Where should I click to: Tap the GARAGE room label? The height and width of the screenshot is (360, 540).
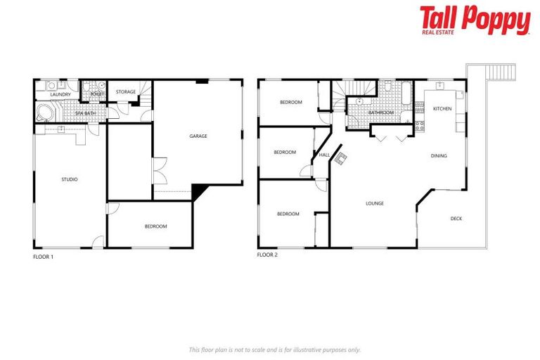[198, 136]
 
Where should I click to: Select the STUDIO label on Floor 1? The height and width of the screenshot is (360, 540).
[69, 179]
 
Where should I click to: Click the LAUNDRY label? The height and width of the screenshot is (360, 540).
[60, 94]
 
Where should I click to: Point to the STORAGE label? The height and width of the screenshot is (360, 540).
[126, 92]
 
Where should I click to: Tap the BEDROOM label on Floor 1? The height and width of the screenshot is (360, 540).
[155, 226]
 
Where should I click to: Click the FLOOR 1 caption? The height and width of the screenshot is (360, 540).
[43, 257]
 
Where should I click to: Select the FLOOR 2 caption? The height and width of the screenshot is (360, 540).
[267, 255]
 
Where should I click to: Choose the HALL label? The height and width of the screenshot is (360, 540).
[324, 155]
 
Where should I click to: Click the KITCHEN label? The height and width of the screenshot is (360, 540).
[442, 109]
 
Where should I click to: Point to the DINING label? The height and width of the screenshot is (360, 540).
[439, 156]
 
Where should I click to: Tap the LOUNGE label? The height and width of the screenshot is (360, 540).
[374, 203]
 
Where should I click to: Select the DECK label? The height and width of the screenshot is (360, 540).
[456, 219]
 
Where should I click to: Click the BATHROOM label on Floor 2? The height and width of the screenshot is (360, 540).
[381, 112]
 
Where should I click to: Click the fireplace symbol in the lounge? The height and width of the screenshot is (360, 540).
[340, 158]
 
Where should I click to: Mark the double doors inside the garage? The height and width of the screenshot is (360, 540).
[159, 173]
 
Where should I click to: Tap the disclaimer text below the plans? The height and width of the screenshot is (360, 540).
[274, 349]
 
